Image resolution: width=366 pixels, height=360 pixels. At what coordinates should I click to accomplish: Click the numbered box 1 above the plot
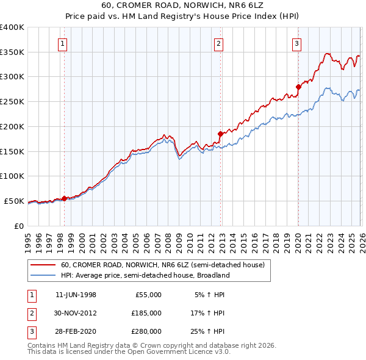[x=63, y=43]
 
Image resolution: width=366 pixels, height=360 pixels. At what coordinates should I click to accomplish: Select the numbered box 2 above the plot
[x=218, y=43]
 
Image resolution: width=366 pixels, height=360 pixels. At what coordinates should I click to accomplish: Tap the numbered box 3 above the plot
[x=296, y=43]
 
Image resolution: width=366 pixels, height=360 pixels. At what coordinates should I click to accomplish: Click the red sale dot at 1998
[x=64, y=198]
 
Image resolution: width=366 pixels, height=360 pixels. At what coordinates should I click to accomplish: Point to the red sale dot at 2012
[x=221, y=133]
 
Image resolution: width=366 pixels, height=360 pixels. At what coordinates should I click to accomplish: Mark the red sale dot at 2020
[x=298, y=86]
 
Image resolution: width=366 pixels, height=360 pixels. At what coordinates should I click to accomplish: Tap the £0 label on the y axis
[x=18, y=226]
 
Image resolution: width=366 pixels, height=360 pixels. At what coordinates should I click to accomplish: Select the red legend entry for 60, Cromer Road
[x=162, y=265]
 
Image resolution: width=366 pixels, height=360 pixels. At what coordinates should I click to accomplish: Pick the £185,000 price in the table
[x=146, y=313]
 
